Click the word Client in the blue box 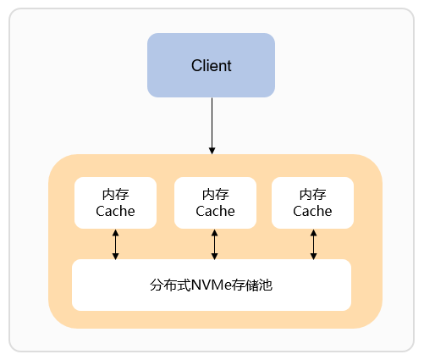click(212, 65)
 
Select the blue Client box click(211, 65)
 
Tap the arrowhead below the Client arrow click(212, 151)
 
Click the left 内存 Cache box click(115, 202)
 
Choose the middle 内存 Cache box click(215, 202)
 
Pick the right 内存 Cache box click(312, 202)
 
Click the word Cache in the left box click(115, 211)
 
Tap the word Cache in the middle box click(215, 211)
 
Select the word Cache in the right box click(312, 211)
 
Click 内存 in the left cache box click(115, 195)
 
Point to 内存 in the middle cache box click(216, 195)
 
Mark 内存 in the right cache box click(312, 195)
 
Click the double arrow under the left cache click(115, 245)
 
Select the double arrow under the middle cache click(214, 245)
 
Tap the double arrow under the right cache click(313, 245)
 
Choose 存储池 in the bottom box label click(252, 285)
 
